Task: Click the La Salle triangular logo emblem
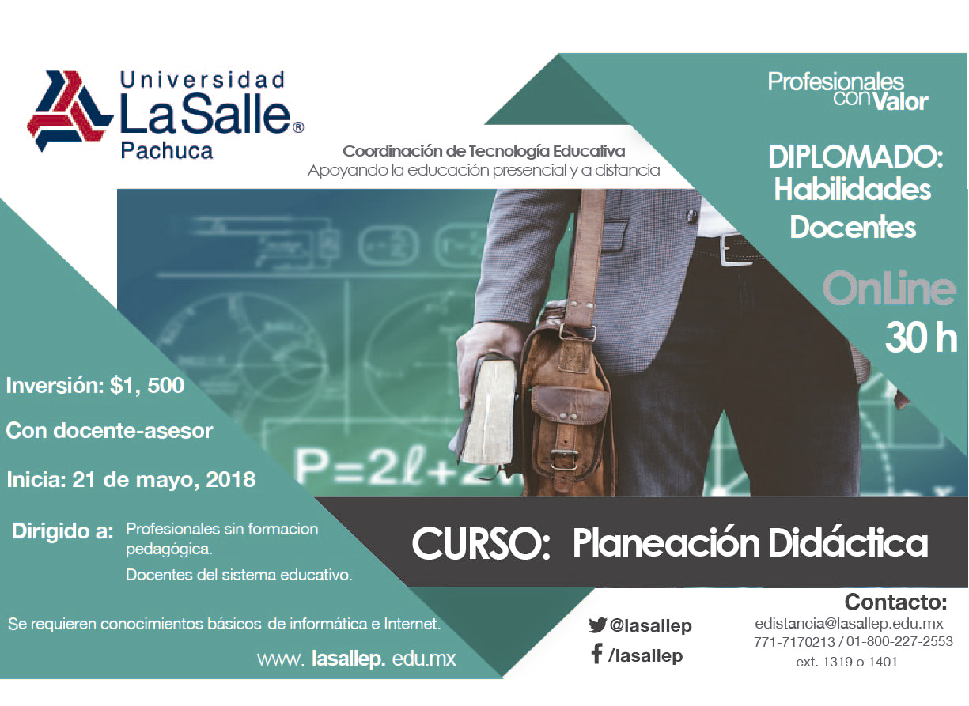(x=70, y=111)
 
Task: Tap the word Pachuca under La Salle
(x=167, y=151)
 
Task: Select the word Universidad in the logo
(x=203, y=80)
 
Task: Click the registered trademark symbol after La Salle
(x=298, y=127)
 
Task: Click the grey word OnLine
(x=889, y=288)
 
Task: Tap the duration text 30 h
(x=921, y=338)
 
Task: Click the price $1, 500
(x=147, y=385)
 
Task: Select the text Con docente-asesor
(x=109, y=431)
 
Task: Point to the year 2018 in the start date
(x=230, y=479)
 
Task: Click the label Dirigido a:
(x=62, y=531)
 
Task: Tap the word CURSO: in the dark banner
(x=481, y=543)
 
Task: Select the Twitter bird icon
(x=597, y=625)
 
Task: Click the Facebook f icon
(x=597, y=654)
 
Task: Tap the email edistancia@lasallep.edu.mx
(x=850, y=624)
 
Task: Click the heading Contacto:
(x=896, y=602)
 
